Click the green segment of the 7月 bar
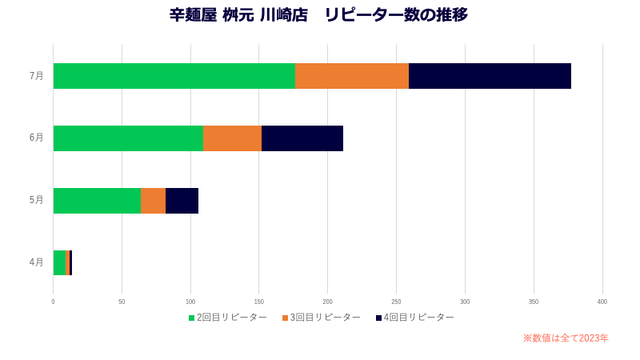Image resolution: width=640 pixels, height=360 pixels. click(x=174, y=76)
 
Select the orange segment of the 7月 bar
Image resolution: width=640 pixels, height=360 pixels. click(x=352, y=76)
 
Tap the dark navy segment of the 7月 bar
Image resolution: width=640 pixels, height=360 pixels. click(x=490, y=76)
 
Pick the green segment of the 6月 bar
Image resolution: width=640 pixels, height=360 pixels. click(x=128, y=138)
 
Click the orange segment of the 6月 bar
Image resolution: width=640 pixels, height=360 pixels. click(x=232, y=138)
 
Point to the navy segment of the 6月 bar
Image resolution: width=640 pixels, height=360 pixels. click(x=302, y=138)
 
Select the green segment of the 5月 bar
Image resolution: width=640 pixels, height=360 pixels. click(x=97, y=201)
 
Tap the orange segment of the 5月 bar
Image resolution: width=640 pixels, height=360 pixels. click(x=153, y=201)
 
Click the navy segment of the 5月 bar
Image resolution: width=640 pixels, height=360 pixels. click(x=182, y=201)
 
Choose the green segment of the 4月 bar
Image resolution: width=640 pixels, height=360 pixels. click(x=59, y=263)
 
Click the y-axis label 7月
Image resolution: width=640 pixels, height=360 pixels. click(x=37, y=76)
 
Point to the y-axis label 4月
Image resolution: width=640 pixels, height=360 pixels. click(x=37, y=262)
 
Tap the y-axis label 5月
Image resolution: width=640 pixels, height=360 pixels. click(x=37, y=200)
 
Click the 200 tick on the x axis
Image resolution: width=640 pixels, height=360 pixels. click(x=327, y=302)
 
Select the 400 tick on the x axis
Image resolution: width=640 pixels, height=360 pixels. click(x=602, y=302)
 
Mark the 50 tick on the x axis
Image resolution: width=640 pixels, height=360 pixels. click(x=122, y=302)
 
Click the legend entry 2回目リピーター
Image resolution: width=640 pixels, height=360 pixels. click(x=228, y=318)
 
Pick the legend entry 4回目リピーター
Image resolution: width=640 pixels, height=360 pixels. click(x=415, y=318)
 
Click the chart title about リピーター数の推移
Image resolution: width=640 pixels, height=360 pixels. click(x=318, y=15)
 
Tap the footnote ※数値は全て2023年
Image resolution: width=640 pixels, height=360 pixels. click(x=566, y=338)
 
